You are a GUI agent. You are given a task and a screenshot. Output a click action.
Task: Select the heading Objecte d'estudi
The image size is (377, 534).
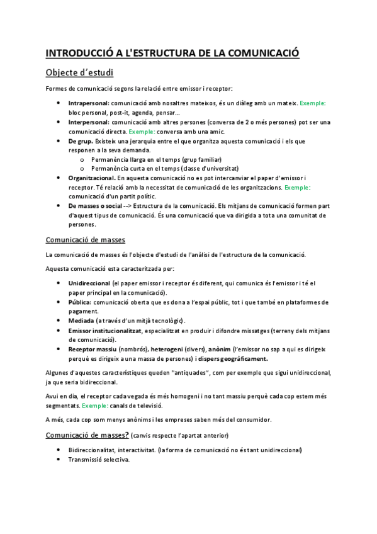(79, 72)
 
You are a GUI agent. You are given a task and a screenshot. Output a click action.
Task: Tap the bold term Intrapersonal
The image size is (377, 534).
(88, 103)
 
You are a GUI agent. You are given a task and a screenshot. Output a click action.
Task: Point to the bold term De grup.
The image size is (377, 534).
(80, 141)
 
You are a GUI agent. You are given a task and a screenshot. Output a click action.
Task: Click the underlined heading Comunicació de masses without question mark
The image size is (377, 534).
(86, 240)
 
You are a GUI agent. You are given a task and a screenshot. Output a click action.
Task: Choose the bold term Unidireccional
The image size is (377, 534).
(89, 283)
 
